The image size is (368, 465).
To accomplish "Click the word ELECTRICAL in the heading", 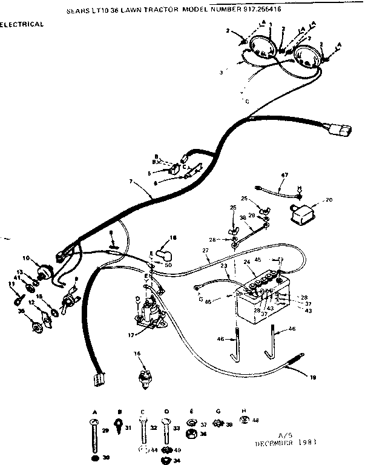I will pyautogui.click(x=22, y=25).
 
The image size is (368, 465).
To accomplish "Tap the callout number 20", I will pyautogui.click(x=329, y=200).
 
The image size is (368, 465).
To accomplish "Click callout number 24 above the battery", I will pyautogui.click(x=247, y=262).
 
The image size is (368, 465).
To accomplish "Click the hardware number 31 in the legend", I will pyautogui.click(x=128, y=429).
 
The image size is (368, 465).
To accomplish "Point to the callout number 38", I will pyautogui.click(x=243, y=217).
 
